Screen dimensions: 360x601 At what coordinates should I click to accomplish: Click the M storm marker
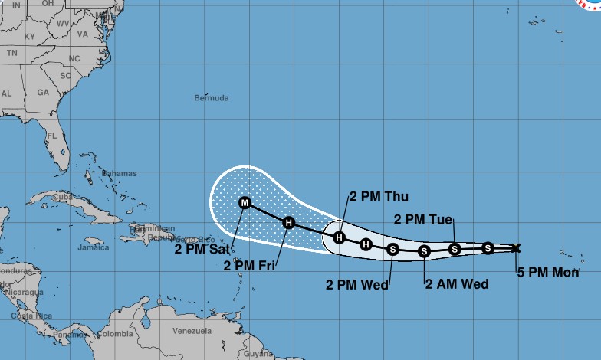(245, 203)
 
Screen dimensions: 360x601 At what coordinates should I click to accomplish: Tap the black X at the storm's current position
(516, 247)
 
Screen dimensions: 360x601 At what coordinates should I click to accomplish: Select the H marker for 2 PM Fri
(288, 223)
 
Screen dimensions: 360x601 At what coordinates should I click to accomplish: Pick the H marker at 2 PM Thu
(339, 237)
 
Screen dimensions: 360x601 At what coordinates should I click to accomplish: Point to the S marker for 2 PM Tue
(454, 248)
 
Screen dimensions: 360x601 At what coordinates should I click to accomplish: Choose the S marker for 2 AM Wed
(423, 250)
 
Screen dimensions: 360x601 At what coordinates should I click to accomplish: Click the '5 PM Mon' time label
(547, 271)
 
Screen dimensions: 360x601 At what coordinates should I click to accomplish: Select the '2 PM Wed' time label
(357, 284)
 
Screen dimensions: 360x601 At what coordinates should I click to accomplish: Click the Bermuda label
(212, 98)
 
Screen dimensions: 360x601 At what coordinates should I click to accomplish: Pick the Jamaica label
(92, 247)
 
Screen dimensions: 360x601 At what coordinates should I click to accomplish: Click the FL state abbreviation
(52, 136)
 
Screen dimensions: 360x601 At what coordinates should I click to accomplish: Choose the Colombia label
(115, 333)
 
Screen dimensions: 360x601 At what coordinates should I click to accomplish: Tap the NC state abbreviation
(74, 58)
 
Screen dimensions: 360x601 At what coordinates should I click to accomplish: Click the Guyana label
(258, 353)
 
